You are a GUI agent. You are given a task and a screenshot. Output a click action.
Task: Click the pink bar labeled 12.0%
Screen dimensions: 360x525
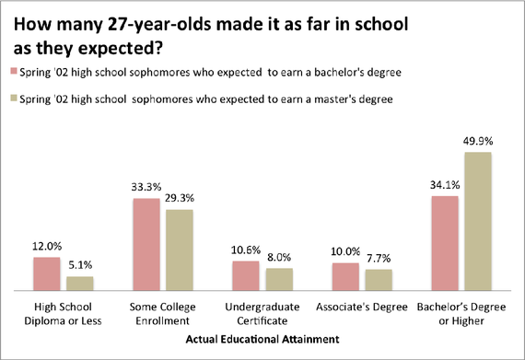47,273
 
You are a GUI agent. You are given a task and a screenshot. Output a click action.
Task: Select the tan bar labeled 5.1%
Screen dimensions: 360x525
80,284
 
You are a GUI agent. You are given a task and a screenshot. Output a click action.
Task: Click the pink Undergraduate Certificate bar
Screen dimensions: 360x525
246,275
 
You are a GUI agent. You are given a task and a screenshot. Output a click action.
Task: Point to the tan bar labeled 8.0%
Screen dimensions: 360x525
279,279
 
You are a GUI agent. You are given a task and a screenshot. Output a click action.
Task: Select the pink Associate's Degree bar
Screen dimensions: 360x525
345,276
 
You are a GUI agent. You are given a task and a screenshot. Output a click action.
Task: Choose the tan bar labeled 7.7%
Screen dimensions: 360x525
379,280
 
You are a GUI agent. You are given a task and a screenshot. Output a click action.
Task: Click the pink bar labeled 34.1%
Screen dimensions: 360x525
446,243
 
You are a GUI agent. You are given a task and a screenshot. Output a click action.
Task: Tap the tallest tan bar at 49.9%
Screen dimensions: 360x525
479,221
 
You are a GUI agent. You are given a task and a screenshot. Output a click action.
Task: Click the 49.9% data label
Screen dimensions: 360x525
479,143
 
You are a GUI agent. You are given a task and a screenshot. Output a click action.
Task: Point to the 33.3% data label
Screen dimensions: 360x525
147,189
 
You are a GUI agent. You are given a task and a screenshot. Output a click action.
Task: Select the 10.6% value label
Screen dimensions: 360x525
246,251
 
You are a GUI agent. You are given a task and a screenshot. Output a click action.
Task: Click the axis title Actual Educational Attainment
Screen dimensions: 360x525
262,340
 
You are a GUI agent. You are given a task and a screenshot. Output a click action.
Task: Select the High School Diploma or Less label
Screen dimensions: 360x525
64,314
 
